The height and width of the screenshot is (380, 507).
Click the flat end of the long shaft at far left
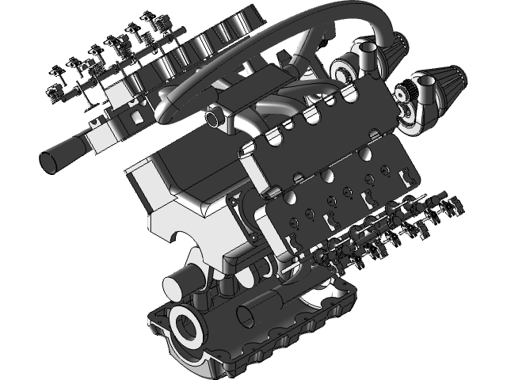[x=51, y=161]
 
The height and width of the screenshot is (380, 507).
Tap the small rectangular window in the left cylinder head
[x=134, y=120]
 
